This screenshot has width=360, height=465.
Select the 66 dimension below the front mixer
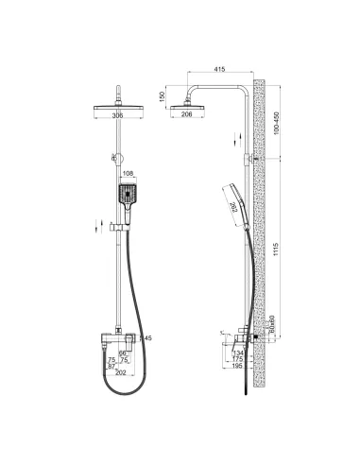[122, 353]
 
